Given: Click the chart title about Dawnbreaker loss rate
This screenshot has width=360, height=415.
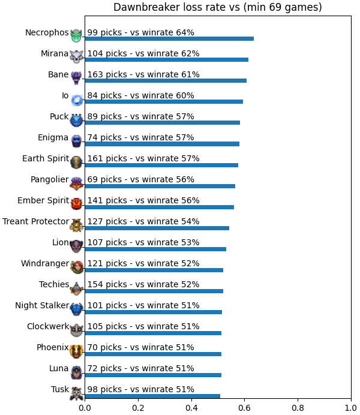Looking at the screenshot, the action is [218, 7].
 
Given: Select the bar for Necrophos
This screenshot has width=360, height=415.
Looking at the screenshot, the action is [169, 38].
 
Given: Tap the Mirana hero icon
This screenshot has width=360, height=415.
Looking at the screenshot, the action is [77, 56].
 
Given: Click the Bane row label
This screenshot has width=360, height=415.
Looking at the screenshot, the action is [58, 74].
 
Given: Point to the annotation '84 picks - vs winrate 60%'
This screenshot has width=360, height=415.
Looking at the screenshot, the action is [141, 95].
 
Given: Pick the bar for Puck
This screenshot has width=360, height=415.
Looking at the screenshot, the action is [163, 122].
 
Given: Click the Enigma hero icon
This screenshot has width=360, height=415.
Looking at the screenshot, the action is [77, 140].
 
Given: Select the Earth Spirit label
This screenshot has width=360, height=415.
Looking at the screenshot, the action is [46, 158].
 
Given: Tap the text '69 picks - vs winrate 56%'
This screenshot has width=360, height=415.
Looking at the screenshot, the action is [141, 179].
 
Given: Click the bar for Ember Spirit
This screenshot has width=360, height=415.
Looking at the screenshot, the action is [160, 207].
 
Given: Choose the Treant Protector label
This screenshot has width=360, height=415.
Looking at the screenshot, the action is [36, 221].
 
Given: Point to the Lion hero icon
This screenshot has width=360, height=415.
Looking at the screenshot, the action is [77, 246].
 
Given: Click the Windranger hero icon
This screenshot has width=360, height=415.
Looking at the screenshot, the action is [77, 267].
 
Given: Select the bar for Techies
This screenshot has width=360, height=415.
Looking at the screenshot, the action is [154, 291].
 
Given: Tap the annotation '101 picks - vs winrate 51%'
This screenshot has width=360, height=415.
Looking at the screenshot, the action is [143, 305].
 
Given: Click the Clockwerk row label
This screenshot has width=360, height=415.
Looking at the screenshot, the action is [48, 326].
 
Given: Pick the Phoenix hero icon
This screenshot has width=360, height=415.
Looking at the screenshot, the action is [77, 351].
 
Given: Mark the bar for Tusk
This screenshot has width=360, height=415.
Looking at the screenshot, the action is [152, 396].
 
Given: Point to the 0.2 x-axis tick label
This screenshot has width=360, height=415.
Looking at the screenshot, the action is [138, 408].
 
